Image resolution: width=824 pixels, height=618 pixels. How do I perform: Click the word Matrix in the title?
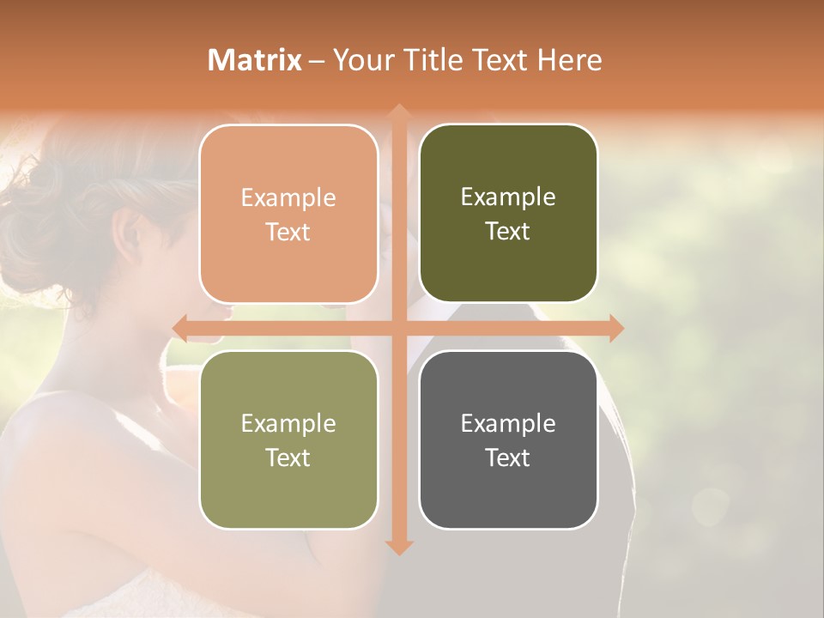255,60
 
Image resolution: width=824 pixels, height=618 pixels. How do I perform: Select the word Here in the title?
569,60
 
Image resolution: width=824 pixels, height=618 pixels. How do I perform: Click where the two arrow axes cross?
398,328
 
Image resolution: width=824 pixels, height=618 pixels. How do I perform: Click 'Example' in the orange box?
288,197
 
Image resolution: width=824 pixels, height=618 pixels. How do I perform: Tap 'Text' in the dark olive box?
508,231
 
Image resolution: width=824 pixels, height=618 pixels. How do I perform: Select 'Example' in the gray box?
508,423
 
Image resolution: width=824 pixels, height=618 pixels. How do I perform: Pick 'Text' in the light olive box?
288,457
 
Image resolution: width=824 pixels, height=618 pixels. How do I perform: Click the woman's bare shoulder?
60,429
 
